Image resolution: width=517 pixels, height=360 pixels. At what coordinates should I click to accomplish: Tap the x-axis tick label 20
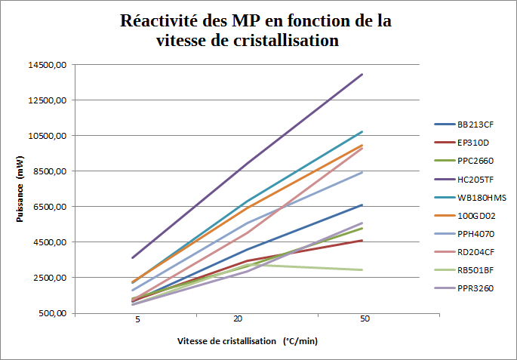pyautogui.click(x=237, y=320)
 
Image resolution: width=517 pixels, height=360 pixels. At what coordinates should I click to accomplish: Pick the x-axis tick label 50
pyautogui.click(x=365, y=320)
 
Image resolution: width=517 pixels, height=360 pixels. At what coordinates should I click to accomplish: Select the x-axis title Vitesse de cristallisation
pyautogui.click(x=226, y=341)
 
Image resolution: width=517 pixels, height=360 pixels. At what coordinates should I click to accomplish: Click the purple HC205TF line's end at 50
pyautogui.click(x=363, y=74)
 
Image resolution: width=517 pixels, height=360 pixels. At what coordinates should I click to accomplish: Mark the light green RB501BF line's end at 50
pyautogui.click(x=363, y=269)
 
